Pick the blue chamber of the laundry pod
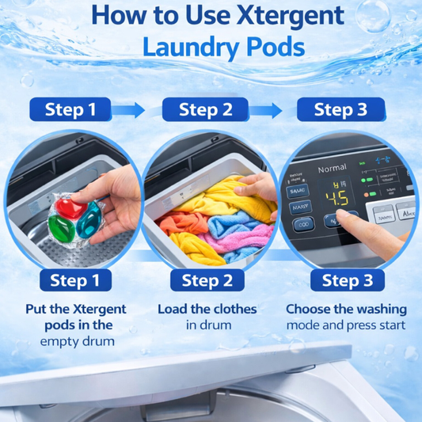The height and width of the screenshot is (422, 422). pos(89,215)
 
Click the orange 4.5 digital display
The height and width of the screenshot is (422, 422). pos(339,197)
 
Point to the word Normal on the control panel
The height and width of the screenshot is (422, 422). pos(332,169)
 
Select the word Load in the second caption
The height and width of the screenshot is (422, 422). pos(174,309)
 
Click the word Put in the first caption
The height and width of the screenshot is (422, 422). pos(40,309)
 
